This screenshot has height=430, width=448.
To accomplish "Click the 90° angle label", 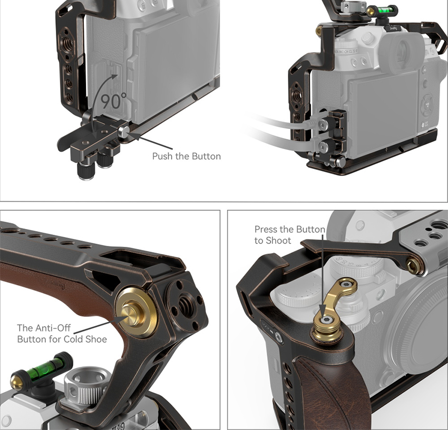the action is point(113,101).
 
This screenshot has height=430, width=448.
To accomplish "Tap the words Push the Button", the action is point(186,156).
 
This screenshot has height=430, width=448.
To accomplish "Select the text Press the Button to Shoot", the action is point(290,235).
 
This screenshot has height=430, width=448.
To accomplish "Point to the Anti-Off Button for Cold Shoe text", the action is point(62,333).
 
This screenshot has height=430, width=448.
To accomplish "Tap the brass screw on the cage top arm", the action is point(414,265).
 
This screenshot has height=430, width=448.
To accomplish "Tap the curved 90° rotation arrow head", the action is point(114,77).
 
